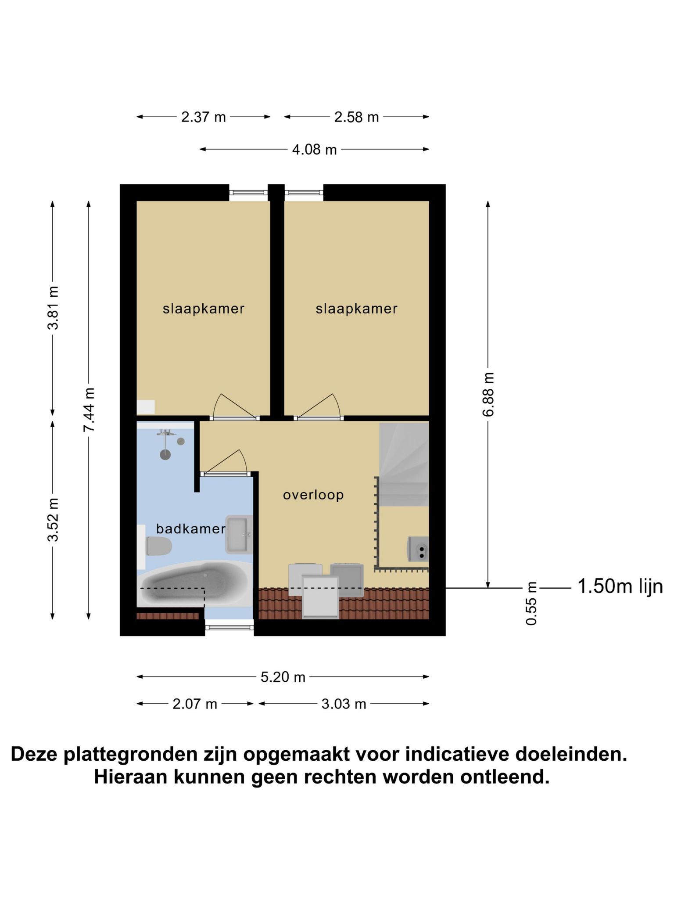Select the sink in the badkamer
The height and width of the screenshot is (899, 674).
pyautogui.click(x=239, y=534)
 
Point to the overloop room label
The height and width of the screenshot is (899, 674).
pyautogui.click(x=313, y=495)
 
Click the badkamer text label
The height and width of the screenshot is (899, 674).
pyautogui.click(x=191, y=529)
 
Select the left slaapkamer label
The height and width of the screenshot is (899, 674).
pyautogui.click(x=204, y=309)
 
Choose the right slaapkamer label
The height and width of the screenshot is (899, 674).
pyautogui.click(x=356, y=309)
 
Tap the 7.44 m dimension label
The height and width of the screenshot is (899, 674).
pyautogui.click(x=89, y=410)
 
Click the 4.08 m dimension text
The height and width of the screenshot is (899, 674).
pyautogui.click(x=315, y=150)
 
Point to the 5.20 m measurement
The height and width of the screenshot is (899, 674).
pyautogui.click(x=283, y=677)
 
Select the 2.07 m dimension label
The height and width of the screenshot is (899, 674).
pyautogui.click(x=195, y=704)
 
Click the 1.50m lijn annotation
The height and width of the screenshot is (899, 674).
pyautogui.click(x=620, y=586)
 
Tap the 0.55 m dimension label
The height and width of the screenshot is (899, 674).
pyautogui.click(x=531, y=603)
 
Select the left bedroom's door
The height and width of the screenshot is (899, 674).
pyautogui.click(x=235, y=406)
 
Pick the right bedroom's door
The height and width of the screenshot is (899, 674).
pyautogui.click(x=319, y=406)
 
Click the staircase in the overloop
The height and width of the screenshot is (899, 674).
pyautogui.click(x=404, y=464)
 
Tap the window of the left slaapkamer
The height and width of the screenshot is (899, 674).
pyautogui.click(x=248, y=192)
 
